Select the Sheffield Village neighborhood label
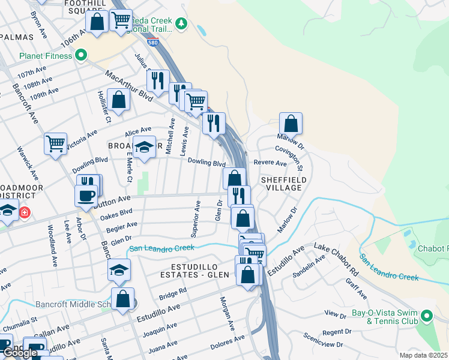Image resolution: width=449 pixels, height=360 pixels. [x=284, y=184]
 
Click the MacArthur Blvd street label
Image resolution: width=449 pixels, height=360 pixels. [x=129, y=86]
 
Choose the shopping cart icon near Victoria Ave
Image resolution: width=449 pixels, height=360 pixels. [x=55, y=143]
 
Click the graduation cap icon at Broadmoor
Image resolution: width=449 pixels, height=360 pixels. [x=144, y=148]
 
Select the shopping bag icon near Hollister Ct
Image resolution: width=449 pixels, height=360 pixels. [x=118, y=100]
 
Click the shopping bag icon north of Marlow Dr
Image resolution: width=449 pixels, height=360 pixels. [x=291, y=124]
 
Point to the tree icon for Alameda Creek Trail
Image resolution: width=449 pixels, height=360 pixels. [x=182, y=23]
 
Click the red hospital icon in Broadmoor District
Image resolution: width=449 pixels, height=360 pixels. [x=25, y=212]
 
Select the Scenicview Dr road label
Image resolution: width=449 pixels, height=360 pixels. [x=322, y=341]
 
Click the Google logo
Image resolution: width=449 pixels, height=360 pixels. [x=20, y=353]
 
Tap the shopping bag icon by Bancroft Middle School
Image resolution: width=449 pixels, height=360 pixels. [x=122, y=299]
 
